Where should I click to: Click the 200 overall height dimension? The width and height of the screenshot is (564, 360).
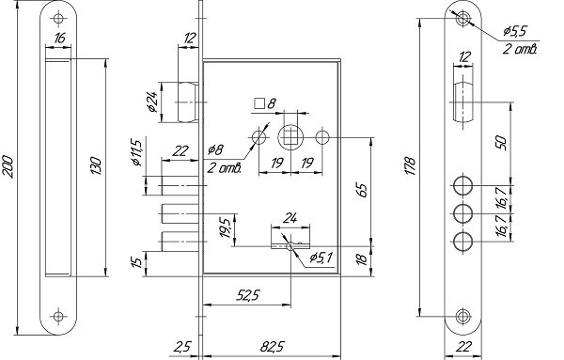point(8,167)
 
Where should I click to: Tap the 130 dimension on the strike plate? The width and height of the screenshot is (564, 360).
point(97,165)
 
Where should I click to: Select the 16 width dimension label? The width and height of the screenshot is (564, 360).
point(60,38)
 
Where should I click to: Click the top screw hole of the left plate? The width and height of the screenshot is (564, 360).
point(58,19)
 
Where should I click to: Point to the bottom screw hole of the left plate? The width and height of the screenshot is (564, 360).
point(58,316)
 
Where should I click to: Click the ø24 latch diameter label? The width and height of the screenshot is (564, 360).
point(152,102)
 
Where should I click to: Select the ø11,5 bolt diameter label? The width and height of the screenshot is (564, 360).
point(136,152)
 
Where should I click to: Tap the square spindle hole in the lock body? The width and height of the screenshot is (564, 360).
point(290,137)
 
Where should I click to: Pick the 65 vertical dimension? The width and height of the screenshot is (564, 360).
point(362,191)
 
